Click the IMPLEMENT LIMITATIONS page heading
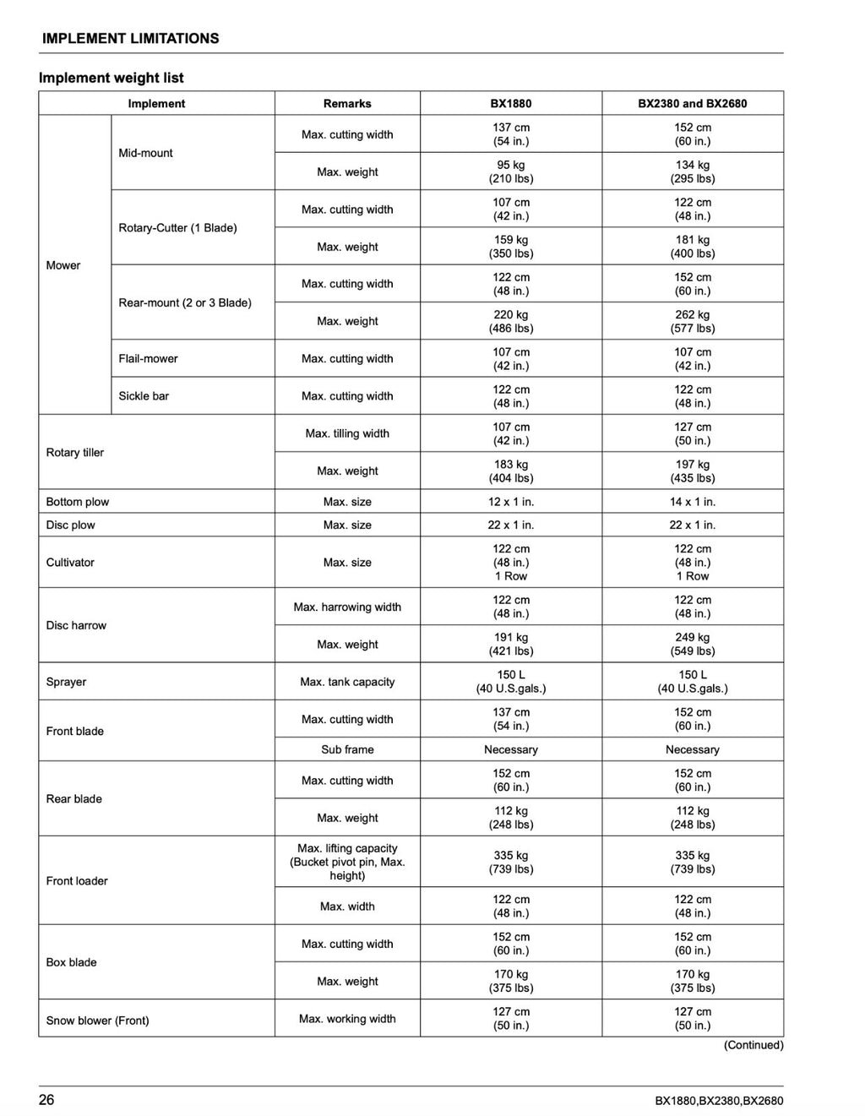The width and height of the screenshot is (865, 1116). pyautogui.click(x=130, y=39)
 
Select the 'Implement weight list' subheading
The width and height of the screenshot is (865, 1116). pyautogui.click(x=112, y=78)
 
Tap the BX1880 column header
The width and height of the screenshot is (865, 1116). pyautogui.click(x=511, y=104)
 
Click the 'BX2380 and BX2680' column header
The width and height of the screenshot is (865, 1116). pyautogui.click(x=693, y=104)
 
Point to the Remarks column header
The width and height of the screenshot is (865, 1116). pyautogui.click(x=347, y=104)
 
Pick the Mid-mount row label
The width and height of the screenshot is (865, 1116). pyautogui.click(x=145, y=153)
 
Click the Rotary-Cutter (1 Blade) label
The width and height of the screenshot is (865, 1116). pyautogui.click(x=177, y=228)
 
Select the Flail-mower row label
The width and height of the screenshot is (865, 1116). pyautogui.click(x=148, y=359)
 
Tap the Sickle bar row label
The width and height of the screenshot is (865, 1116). pyautogui.click(x=144, y=396)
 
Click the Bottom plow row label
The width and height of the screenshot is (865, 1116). pyautogui.click(x=78, y=502)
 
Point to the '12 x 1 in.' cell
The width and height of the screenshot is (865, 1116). pyautogui.click(x=511, y=502)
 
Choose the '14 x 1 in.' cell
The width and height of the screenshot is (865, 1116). pyautogui.click(x=693, y=502)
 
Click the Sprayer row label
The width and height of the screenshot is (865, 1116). pyautogui.click(x=66, y=682)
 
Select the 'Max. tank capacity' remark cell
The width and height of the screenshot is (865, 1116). pyautogui.click(x=347, y=682)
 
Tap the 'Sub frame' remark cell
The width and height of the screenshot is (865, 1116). pyautogui.click(x=347, y=749)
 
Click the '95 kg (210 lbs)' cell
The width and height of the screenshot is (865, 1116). pyautogui.click(x=511, y=171)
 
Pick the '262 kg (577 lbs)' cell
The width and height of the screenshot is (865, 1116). pyautogui.click(x=693, y=321)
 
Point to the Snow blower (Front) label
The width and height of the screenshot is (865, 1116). pyautogui.click(x=97, y=1021)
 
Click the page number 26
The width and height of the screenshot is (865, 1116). pyautogui.click(x=46, y=1100)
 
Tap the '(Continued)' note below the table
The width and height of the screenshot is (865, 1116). pyautogui.click(x=753, y=1046)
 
